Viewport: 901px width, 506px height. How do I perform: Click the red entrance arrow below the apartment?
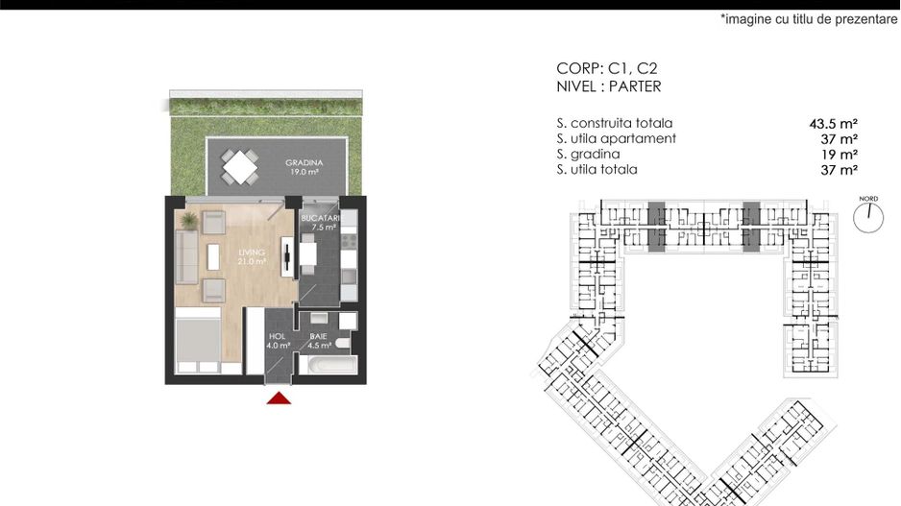click(x=279, y=398)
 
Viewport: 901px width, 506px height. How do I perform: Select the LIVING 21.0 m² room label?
click(x=253, y=256)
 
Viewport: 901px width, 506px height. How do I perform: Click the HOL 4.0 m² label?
click(x=279, y=341)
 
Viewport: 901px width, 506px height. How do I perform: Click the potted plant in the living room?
click(x=189, y=221)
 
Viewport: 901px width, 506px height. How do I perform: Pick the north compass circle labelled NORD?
click(x=868, y=216)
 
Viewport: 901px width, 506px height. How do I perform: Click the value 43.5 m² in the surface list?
click(x=833, y=124)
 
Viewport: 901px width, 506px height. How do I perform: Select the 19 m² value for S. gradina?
click(x=840, y=155)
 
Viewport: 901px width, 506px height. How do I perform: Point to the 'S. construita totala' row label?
click(x=614, y=124)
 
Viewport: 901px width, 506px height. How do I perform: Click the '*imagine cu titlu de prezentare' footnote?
click(x=809, y=19)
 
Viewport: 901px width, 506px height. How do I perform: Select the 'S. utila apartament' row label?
click(x=616, y=139)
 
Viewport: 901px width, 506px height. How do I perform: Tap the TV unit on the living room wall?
click(x=286, y=255)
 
